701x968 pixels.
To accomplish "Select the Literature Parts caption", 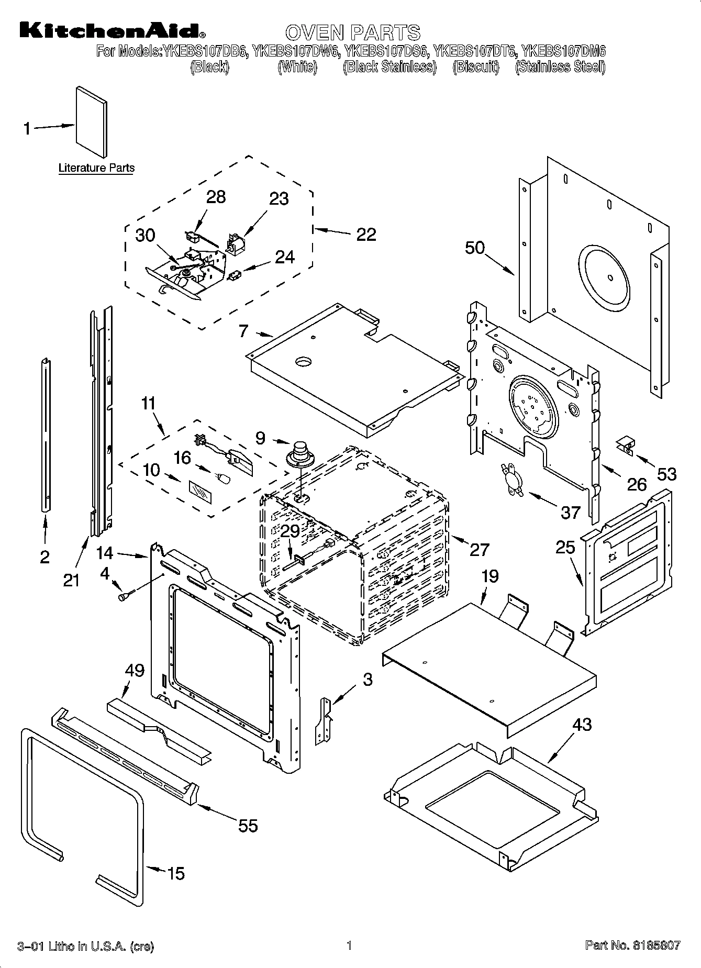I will pos(96,168).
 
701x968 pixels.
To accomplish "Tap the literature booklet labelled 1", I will pos(92,122).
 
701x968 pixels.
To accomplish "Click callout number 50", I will pos(475,248).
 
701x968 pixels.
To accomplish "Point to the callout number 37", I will pos(571,511).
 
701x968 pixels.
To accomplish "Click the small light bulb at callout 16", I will pos(224,479).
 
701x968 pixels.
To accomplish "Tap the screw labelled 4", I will pos(126,595).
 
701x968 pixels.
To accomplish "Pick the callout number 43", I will pos(582,725).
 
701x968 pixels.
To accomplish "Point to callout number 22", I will pos(366,234).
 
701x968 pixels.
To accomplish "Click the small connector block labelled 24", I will pos(235,274).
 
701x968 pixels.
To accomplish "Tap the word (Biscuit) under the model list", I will pos(476,67).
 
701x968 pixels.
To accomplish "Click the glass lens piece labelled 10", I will pos(201,493).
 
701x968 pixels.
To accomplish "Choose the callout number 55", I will pos(248,826).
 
